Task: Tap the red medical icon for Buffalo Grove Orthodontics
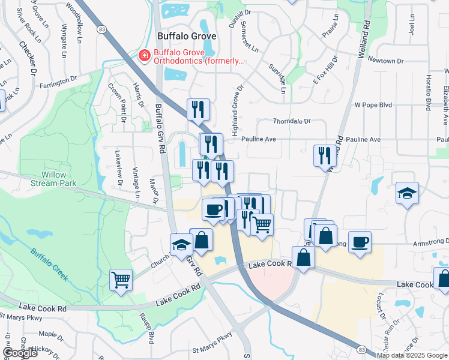click(144, 56)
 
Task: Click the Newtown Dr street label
click(385, 61)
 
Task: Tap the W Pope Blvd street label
click(373, 104)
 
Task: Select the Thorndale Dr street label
click(291, 121)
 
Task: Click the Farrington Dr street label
click(59, 82)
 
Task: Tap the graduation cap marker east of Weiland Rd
click(407, 194)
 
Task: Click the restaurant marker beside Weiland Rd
click(324, 155)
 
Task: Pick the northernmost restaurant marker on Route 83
click(198, 109)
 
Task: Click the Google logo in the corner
click(19, 353)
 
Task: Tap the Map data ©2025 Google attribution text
click(411, 355)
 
